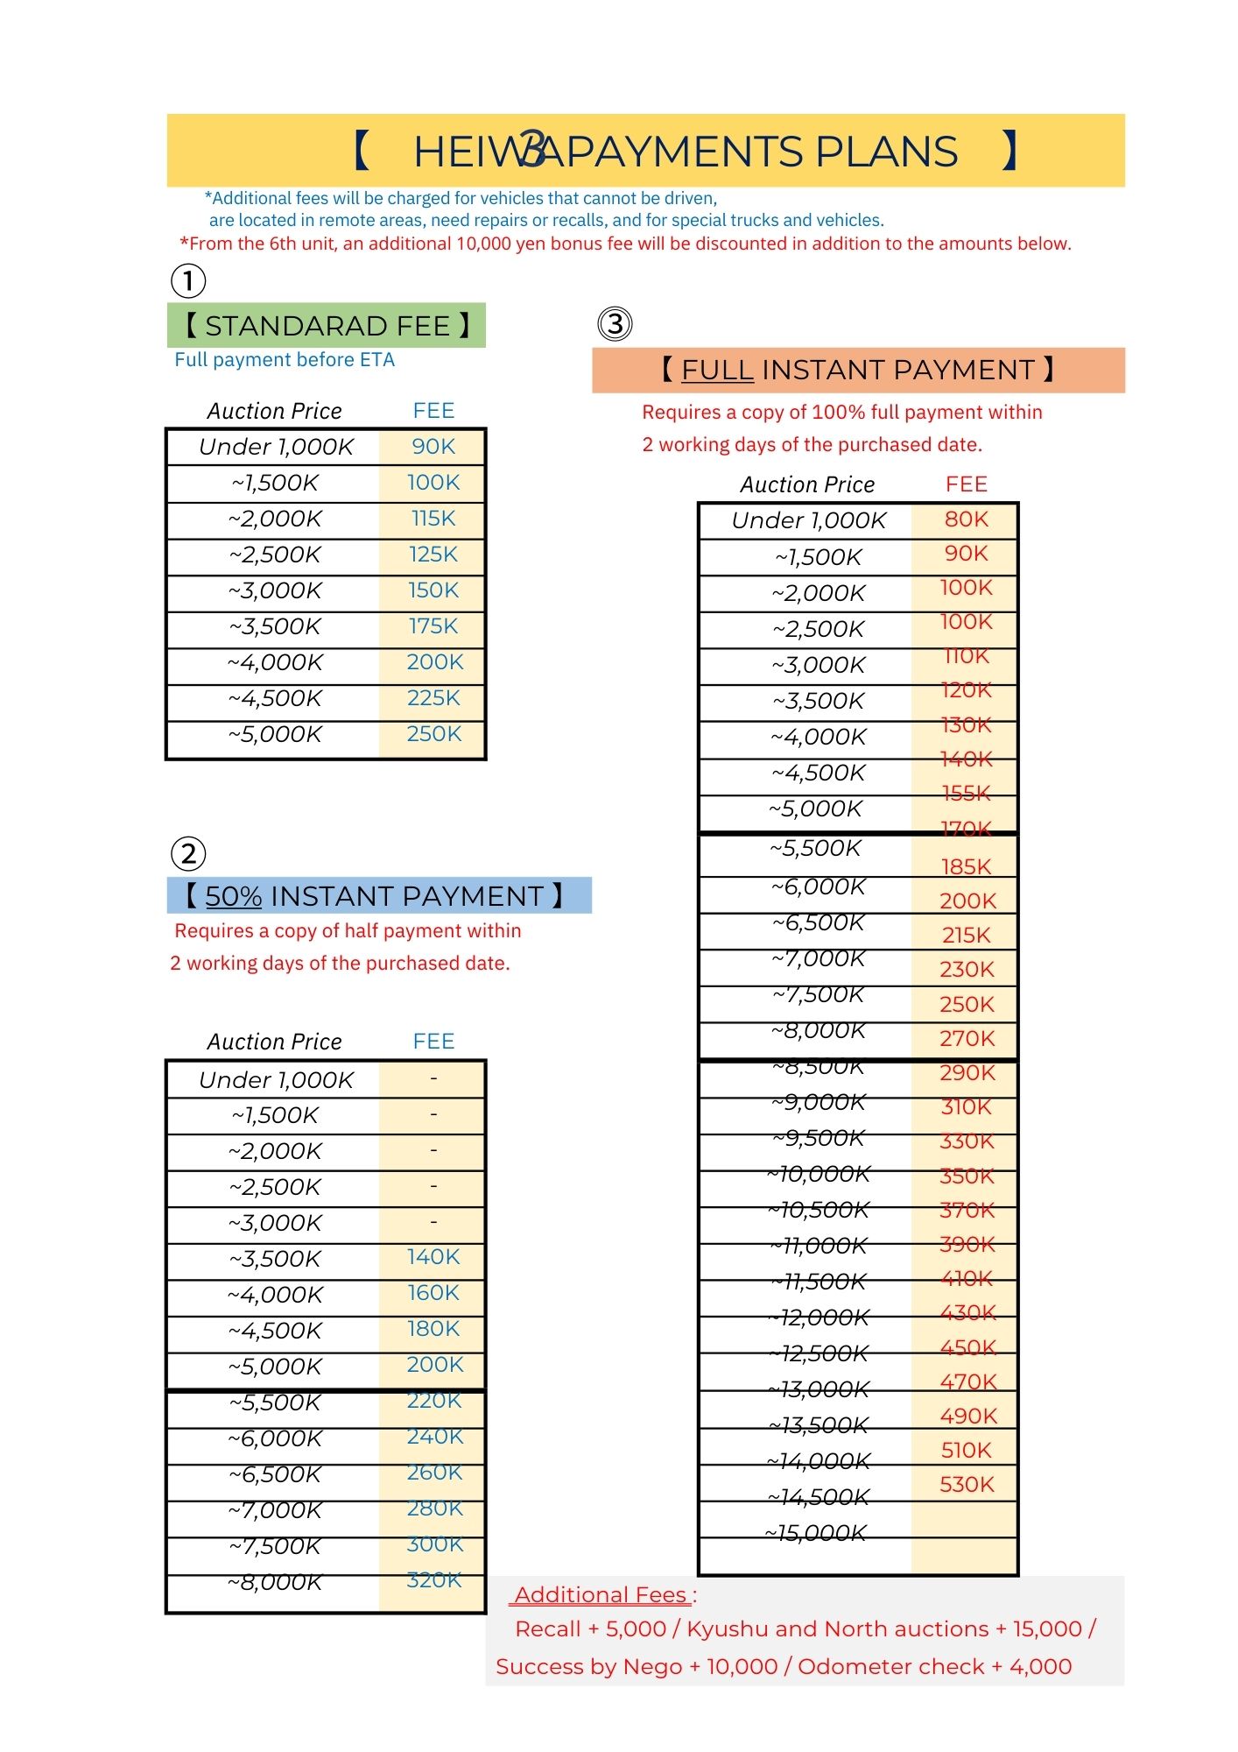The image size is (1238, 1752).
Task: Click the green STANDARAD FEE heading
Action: click(326, 326)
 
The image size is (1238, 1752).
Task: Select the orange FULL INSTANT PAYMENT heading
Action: click(858, 370)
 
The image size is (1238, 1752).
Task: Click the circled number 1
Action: click(188, 281)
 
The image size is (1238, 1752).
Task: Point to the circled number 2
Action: click(188, 853)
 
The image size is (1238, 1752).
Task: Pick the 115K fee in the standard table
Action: click(433, 519)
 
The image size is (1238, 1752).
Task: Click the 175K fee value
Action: click(433, 626)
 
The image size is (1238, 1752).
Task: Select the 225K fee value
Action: click(433, 698)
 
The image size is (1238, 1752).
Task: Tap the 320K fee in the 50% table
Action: click(434, 1580)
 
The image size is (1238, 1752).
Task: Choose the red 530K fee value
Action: click(967, 1484)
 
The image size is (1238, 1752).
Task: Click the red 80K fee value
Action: click(967, 519)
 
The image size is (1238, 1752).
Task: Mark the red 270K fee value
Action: click(967, 1038)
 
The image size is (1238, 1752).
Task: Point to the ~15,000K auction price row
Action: click(816, 1533)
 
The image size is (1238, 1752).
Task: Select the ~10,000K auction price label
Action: click(819, 1174)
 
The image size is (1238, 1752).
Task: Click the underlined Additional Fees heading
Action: click(601, 1595)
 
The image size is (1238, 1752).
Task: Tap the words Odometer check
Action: click(890, 1666)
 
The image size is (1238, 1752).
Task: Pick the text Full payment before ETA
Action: click(285, 360)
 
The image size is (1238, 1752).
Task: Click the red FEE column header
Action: click(967, 484)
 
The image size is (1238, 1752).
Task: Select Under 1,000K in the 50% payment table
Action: click(276, 1080)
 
